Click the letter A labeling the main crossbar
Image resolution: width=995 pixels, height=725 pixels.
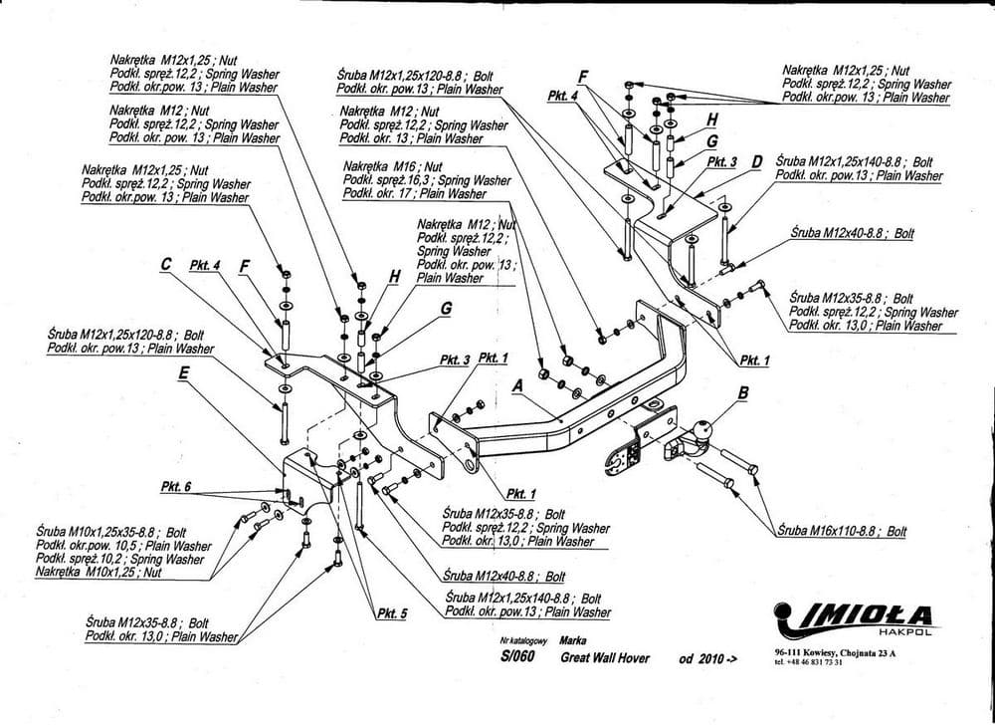click(517, 382)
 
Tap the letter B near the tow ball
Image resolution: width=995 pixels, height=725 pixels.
click(742, 393)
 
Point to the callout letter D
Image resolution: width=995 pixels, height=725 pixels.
click(757, 161)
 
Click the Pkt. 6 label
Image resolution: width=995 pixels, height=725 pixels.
click(174, 486)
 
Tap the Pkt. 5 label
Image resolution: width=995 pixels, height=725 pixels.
click(392, 613)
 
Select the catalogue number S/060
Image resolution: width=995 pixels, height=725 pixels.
click(517, 657)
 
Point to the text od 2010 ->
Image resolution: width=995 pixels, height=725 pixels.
click(707, 658)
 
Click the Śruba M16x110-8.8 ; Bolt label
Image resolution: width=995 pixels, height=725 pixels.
click(842, 532)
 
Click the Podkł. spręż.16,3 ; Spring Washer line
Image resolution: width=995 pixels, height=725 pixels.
click(426, 180)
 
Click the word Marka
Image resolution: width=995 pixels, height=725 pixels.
click(573, 642)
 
